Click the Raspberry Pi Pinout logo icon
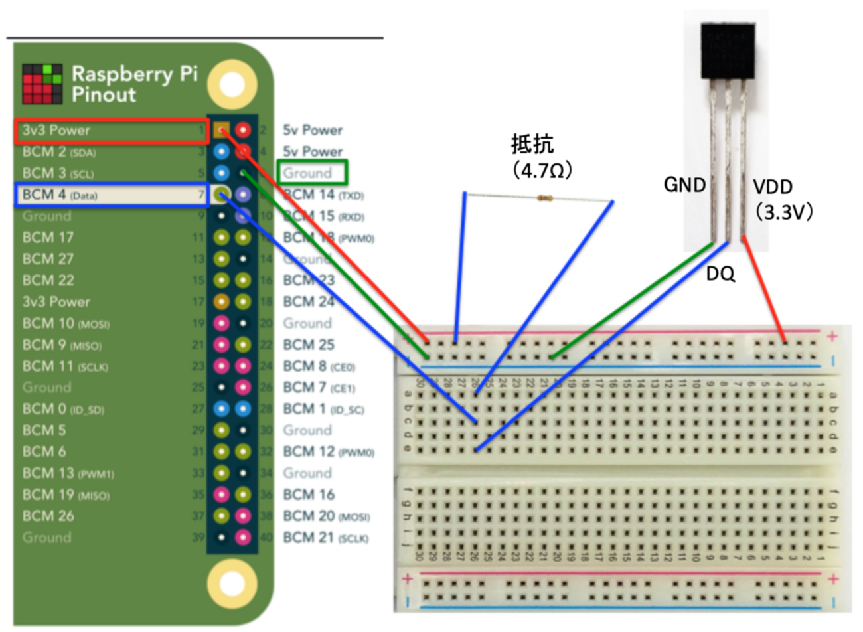tap(42, 84)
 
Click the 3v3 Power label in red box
tap(56, 131)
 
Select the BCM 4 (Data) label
tap(60, 195)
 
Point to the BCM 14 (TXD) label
tap(323, 195)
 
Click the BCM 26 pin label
tap(48, 516)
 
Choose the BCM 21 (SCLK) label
tap(325, 538)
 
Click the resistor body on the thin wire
tap(545, 198)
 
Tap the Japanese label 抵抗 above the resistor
tap(532, 144)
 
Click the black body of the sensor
tap(728, 50)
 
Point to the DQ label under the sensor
tap(720, 274)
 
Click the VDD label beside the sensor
tap(772, 187)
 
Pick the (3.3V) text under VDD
tap(783, 212)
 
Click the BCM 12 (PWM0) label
tap(329, 452)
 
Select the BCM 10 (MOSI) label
tap(66, 323)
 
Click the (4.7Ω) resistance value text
tap(542, 171)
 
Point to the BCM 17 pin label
tap(48, 238)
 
